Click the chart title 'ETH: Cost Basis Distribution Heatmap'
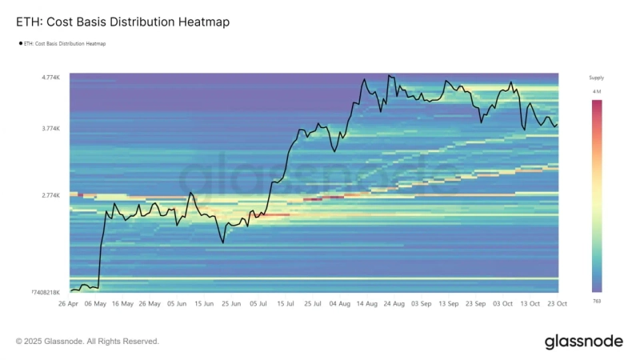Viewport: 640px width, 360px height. (x=122, y=22)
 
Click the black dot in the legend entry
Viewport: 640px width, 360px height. (x=20, y=44)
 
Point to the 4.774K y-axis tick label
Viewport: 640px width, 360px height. (x=51, y=78)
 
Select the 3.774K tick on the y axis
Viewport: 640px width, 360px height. (x=51, y=128)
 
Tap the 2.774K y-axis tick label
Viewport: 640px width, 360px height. (x=51, y=195)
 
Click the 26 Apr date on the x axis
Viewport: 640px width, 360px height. (x=70, y=304)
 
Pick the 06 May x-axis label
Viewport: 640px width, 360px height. (x=96, y=304)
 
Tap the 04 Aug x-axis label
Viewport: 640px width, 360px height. (x=339, y=304)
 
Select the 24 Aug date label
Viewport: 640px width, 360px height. (x=394, y=304)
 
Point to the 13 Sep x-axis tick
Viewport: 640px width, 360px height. (x=448, y=304)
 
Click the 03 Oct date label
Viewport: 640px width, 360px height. (x=502, y=304)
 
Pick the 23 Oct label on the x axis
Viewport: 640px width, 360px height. (x=557, y=304)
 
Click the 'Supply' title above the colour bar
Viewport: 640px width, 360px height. (x=597, y=78)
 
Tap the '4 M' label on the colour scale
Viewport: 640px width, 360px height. (x=597, y=92)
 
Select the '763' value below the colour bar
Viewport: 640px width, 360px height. (x=597, y=301)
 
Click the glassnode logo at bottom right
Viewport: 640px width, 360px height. (x=583, y=342)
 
